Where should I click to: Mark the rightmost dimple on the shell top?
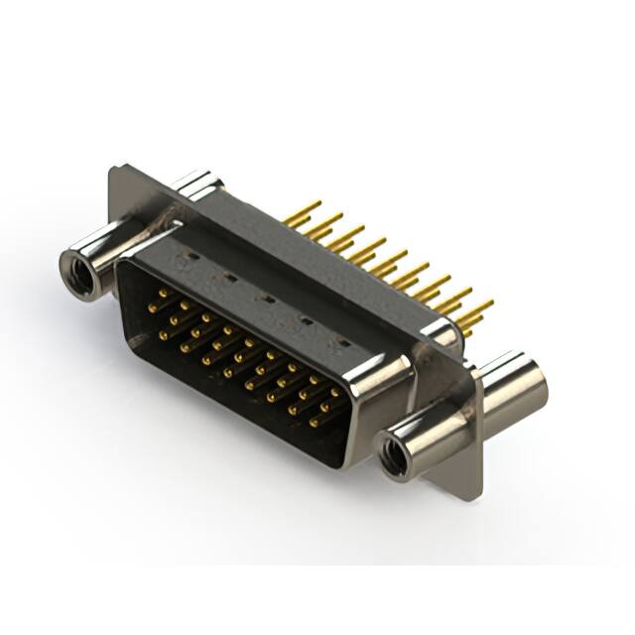[x=344, y=341]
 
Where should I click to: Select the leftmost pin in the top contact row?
[x=163, y=294]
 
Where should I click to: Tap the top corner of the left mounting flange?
[x=117, y=170]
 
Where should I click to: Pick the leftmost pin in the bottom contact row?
[x=163, y=334]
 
